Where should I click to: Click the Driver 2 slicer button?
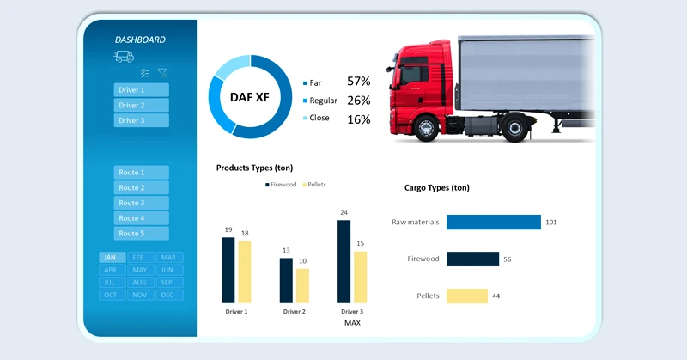tap(141, 105)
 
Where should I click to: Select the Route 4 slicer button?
tap(141, 218)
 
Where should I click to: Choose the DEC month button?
tap(167, 295)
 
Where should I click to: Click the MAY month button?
tap(140, 270)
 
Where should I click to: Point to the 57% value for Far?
tap(358, 82)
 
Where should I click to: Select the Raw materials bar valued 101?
tap(494, 222)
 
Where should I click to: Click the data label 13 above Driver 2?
tap(286, 250)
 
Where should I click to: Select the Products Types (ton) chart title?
tap(254, 168)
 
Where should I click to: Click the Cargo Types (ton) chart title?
tap(436, 187)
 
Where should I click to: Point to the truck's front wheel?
tap(425, 128)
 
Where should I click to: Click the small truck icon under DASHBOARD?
tap(125, 57)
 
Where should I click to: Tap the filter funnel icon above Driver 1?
tap(162, 74)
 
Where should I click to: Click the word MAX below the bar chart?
tap(352, 323)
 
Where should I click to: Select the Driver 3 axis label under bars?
tap(352, 311)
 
